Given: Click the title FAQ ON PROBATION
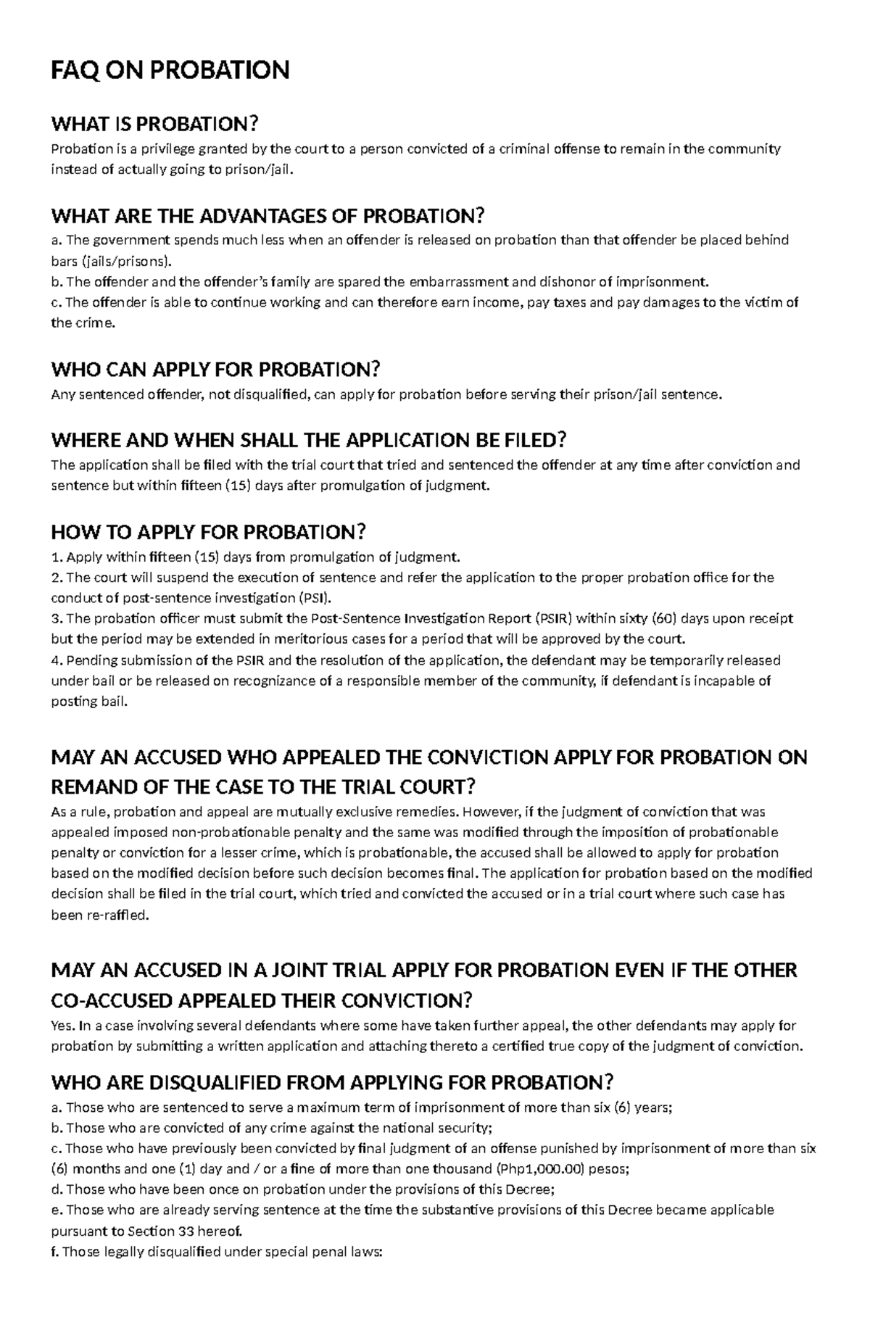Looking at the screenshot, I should point(170,70).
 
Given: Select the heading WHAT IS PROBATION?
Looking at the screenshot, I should point(154,124).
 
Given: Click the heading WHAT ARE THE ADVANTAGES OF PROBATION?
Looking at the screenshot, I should point(267,216).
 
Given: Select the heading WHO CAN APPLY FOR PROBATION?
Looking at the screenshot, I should point(215,370).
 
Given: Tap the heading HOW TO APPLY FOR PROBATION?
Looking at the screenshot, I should point(209,532).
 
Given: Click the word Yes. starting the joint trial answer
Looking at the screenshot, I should point(62,1026).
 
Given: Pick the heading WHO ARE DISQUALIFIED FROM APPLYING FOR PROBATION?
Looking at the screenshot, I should point(332,1083).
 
